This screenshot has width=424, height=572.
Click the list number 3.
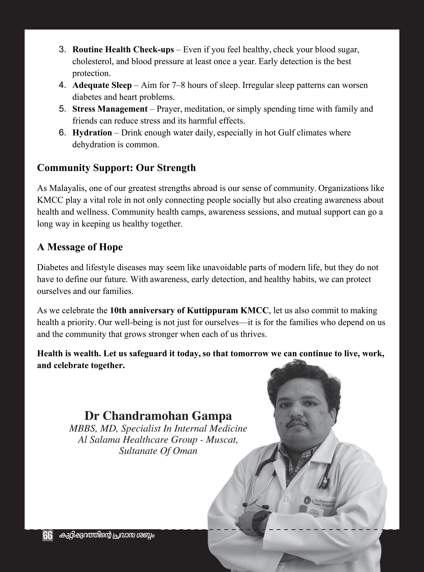tap(62, 50)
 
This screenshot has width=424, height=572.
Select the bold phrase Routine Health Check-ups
tap(123, 50)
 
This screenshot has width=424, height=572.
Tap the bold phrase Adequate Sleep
tap(102, 85)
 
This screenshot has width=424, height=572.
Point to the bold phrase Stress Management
tap(110, 109)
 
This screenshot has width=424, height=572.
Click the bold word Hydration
tap(92, 133)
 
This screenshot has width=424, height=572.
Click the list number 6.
tap(62, 133)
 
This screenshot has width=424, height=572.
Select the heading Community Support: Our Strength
tap(116, 168)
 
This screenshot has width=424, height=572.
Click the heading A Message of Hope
tap(80, 247)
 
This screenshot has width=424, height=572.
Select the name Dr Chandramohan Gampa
tap(158, 416)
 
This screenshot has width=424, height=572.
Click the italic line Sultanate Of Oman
tap(158, 451)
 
